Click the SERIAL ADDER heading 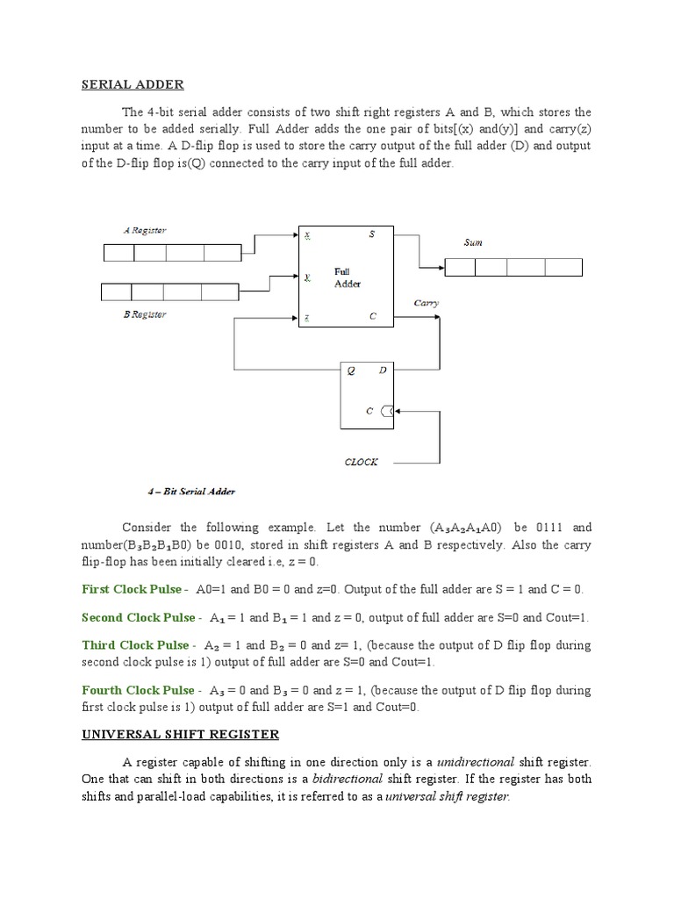(x=133, y=84)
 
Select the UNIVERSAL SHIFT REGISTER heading (x=180, y=733)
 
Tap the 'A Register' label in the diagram (x=145, y=230)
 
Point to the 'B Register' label (x=145, y=313)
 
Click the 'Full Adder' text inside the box (x=347, y=277)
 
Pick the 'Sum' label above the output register (x=473, y=241)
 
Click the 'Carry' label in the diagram (x=427, y=303)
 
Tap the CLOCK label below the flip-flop (x=361, y=462)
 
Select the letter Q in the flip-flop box (x=351, y=370)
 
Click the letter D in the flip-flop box (x=383, y=370)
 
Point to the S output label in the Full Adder (x=371, y=234)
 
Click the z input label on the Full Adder (x=306, y=317)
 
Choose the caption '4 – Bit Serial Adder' (x=192, y=491)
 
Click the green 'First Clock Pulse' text (x=132, y=589)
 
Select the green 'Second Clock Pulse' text (x=138, y=617)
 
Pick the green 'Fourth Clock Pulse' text (x=138, y=691)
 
